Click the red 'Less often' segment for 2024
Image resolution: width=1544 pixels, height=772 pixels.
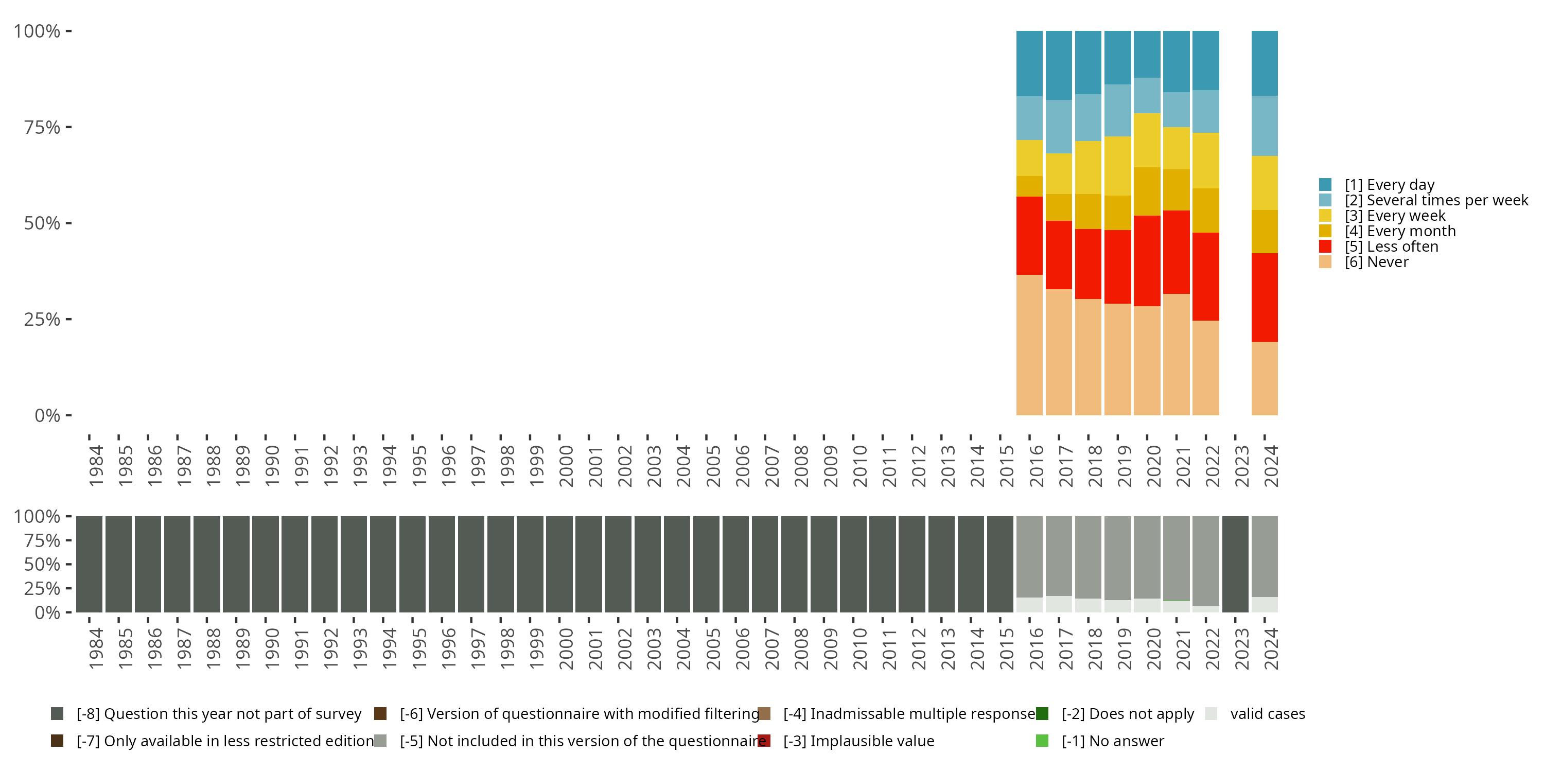1264,297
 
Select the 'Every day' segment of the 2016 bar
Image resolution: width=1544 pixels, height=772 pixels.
1029,63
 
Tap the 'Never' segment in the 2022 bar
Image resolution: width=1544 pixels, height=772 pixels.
1205,367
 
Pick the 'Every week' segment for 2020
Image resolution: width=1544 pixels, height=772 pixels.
1147,141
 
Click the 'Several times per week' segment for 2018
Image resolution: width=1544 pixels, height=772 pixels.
1088,117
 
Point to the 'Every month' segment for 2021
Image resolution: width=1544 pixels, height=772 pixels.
1176,190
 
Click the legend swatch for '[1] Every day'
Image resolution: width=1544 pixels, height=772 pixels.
1325,185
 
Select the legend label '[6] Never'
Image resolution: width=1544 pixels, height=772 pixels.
1376,262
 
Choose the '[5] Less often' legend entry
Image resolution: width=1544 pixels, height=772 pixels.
1391,247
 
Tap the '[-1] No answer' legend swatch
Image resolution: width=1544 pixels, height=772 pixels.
1042,741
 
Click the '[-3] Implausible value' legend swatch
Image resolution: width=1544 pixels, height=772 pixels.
764,741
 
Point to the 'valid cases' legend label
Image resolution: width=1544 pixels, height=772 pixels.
1267,714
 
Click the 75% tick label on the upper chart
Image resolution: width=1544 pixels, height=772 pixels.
42,127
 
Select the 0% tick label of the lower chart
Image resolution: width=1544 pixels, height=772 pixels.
47,612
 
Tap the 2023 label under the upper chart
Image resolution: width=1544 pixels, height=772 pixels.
1241,466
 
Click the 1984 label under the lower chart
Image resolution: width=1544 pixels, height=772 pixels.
95,649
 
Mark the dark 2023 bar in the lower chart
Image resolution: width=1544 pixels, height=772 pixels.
1235,564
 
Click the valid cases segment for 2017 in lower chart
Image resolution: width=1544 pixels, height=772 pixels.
1059,604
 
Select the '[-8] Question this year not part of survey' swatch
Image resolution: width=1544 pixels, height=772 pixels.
58,714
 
